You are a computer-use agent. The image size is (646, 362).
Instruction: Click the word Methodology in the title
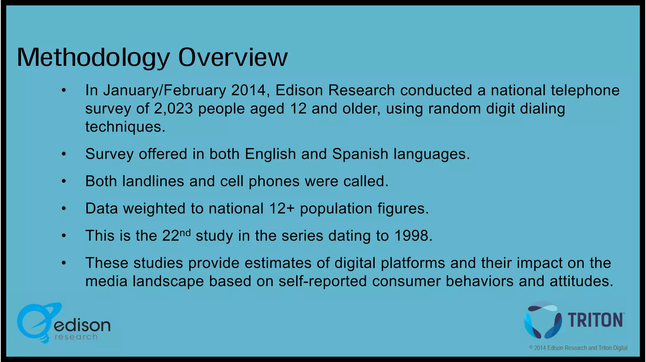pos(93,58)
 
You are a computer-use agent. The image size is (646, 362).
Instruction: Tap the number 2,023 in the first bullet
pos(173,109)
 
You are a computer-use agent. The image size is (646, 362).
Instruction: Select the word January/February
pos(164,91)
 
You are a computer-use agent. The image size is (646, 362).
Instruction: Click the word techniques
pos(125,127)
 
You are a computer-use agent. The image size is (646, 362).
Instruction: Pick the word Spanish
pos(360,154)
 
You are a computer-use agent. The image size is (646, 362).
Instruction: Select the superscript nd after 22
pos(185,233)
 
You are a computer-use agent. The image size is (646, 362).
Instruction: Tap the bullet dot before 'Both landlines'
pos(64,181)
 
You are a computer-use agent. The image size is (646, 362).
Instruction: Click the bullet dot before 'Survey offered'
pos(64,154)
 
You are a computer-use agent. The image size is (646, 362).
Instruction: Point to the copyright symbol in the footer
pos(531,347)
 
